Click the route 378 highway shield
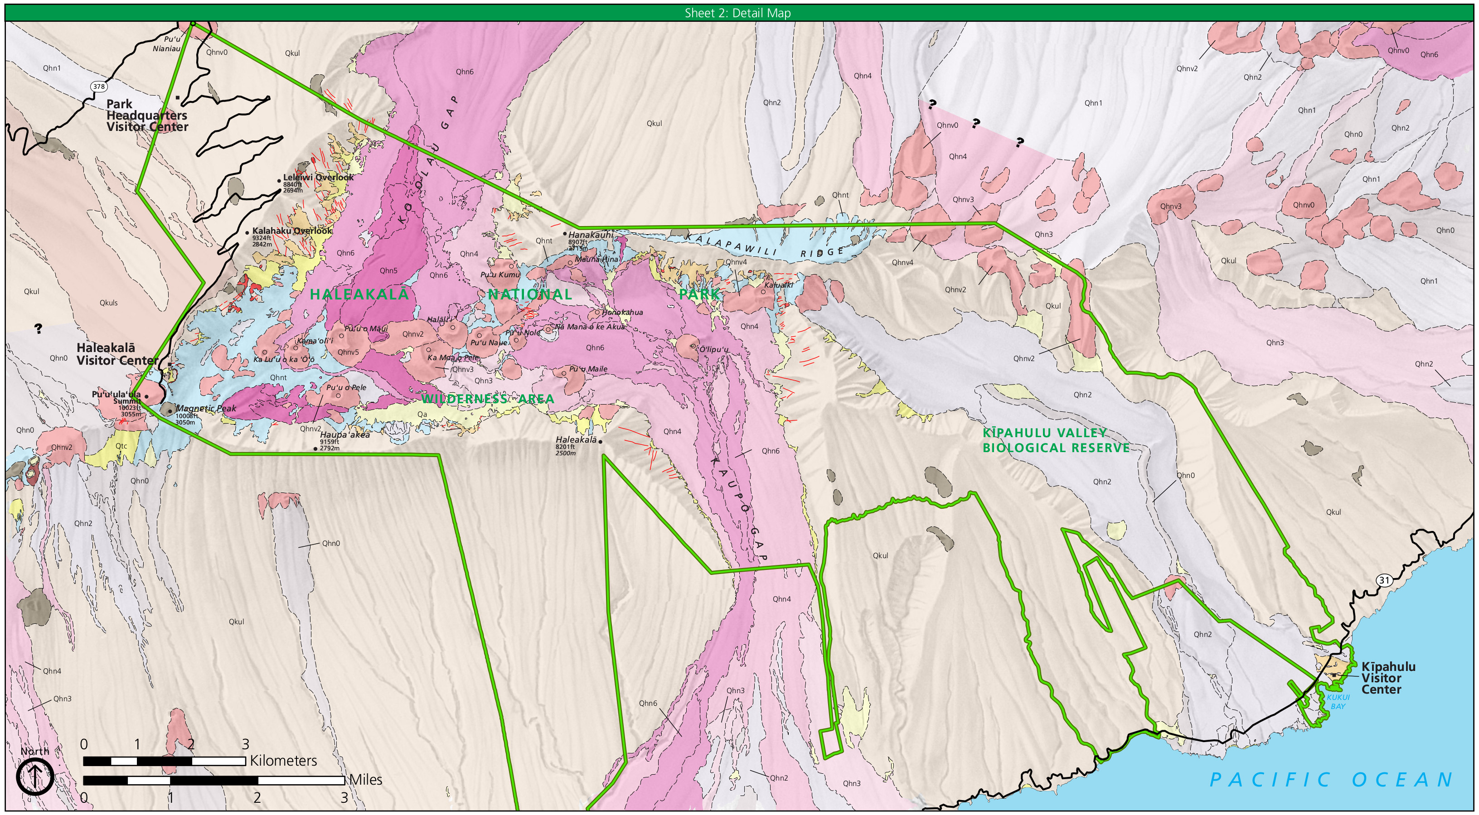pos(99,87)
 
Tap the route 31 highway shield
pos(1384,580)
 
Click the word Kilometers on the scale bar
pos(283,761)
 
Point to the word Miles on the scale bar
pos(366,779)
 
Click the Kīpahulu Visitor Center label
pos(1388,678)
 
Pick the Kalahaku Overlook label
pos(291,231)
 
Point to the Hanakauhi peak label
pos(590,235)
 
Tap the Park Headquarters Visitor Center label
pos(147,116)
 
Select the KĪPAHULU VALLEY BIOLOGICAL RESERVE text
pos(1055,440)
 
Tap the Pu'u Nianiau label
pos(167,43)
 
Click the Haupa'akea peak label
pos(344,434)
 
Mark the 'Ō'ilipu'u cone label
pos(713,349)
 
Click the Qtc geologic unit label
pos(121,446)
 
